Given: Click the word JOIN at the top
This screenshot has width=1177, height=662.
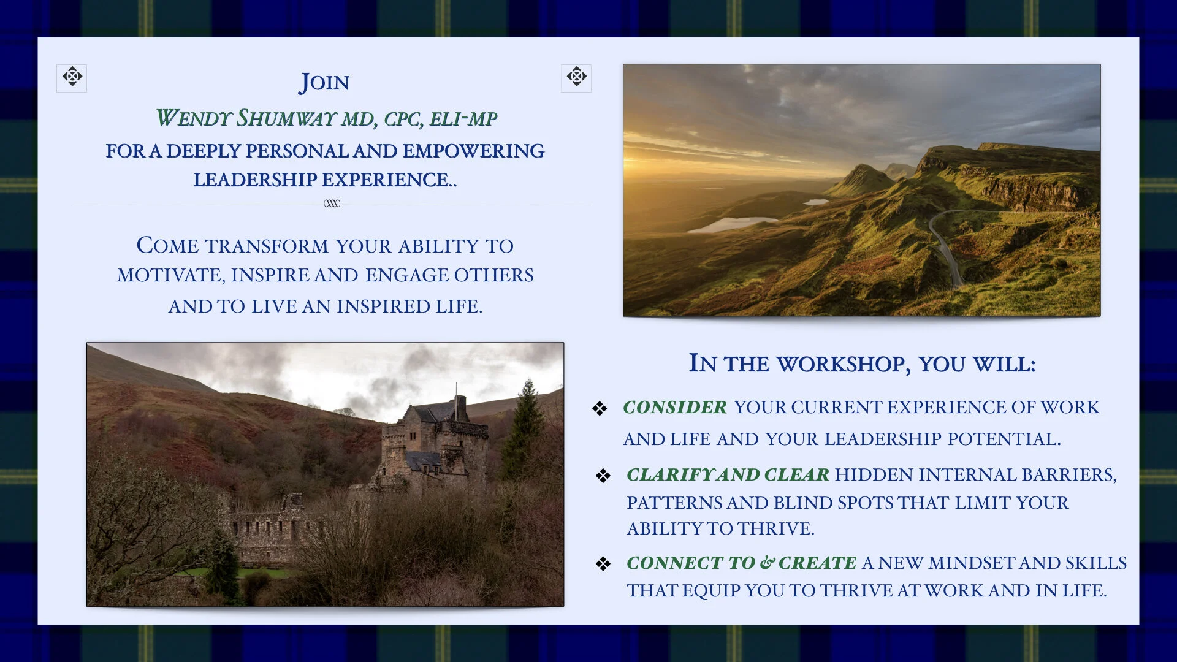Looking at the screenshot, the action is click(324, 83).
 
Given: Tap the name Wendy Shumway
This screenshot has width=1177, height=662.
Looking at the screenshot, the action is click(246, 118).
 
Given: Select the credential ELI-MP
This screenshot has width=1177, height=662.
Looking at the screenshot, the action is click(463, 119).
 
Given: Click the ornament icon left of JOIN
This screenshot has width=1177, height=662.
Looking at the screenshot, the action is click(72, 78).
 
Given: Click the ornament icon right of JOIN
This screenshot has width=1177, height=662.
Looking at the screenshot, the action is click(576, 78).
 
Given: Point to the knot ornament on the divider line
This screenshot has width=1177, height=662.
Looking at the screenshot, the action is click(332, 204).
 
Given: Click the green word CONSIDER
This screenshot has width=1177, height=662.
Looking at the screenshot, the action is click(675, 407).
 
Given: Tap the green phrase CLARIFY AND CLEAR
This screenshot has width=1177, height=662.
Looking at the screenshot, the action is click(728, 474).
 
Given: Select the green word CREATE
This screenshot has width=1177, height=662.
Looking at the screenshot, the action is click(818, 563).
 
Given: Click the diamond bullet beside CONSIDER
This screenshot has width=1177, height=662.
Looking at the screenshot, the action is click(600, 408).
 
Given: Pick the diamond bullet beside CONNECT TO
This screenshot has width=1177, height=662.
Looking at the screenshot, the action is click(603, 564).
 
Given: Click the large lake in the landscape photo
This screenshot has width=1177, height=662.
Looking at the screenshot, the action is click(731, 225).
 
